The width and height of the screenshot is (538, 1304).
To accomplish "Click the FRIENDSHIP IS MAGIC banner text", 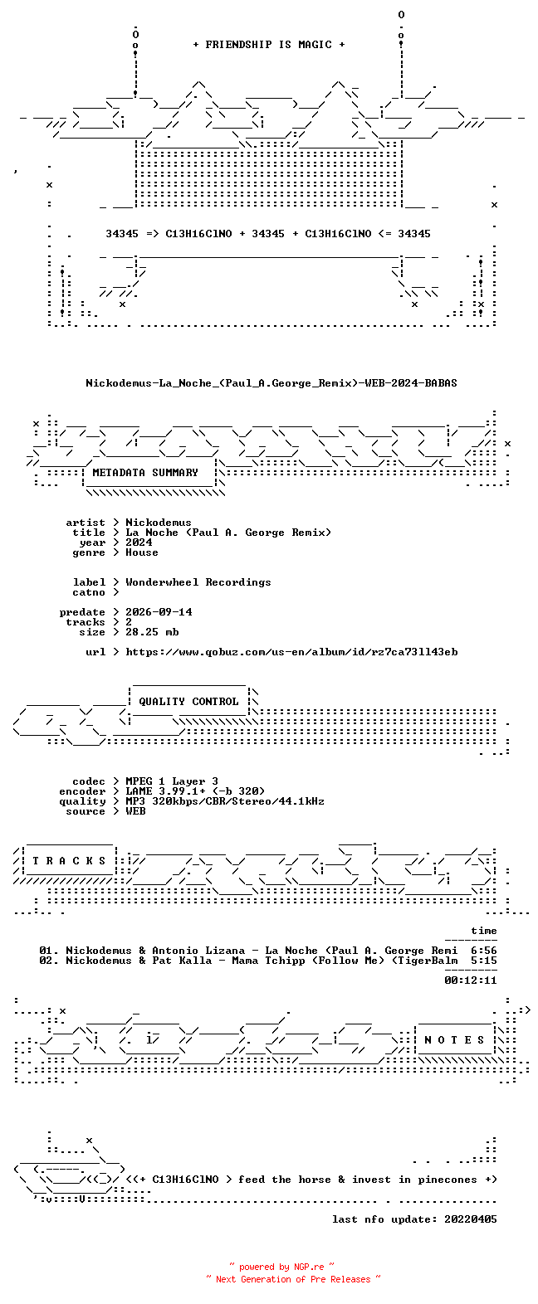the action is pos(269,45).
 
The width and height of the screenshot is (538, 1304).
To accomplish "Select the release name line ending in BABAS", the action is pos(271,383).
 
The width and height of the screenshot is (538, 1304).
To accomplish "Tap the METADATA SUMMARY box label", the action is pos(145,473).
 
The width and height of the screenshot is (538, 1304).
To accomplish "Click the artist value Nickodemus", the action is pos(159,523).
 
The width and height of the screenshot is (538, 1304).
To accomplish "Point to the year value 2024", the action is pos(139,543).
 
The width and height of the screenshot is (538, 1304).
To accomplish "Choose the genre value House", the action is pos(142,552).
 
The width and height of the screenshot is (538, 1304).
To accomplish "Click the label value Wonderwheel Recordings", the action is pos(198,582).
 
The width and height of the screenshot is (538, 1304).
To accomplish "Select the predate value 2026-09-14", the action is pos(159,612).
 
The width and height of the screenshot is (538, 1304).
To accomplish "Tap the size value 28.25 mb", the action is pos(152,631).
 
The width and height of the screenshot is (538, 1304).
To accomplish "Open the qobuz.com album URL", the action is pos(291,652).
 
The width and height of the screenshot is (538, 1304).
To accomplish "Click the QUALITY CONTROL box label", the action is pos(188,702).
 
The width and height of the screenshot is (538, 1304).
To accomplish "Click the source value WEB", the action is pos(135,811).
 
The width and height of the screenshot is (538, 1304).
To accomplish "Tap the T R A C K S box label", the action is pos(69,860).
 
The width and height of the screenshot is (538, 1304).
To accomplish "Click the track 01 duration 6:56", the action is pos(484,951).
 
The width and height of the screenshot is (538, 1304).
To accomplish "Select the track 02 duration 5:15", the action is pos(484,961).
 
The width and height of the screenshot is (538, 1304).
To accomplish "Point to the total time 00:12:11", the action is pos(471,980).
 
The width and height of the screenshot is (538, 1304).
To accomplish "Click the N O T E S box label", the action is pos(454,1039).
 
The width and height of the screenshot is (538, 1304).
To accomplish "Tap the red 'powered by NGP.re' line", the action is pos(282,1267).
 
